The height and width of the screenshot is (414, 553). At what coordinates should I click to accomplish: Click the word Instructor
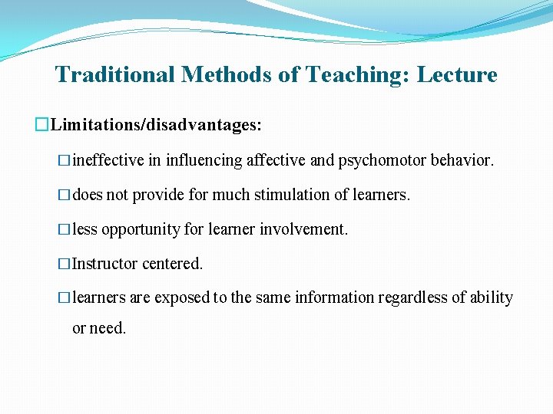click(x=105, y=264)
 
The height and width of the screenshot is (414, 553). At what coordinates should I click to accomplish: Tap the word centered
click(x=173, y=264)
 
